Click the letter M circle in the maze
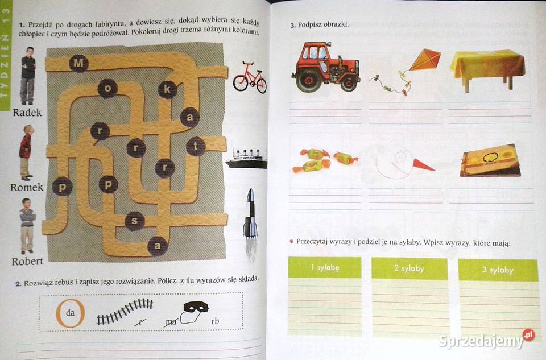pos(78,63)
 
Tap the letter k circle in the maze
pos(167,89)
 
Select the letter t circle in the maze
pos(196,147)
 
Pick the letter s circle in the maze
pos(134,221)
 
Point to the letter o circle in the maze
pos(107,88)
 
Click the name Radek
pos(27,113)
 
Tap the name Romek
pos(27,187)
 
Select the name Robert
pos(27,262)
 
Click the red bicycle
pos(250,78)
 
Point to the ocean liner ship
pos(247,159)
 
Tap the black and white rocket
pos(250,213)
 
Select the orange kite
pos(425,60)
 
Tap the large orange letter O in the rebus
pos(71,313)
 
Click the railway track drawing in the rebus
pos(125,311)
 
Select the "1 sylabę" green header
pos(325,267)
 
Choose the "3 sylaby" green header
pos(498,270)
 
